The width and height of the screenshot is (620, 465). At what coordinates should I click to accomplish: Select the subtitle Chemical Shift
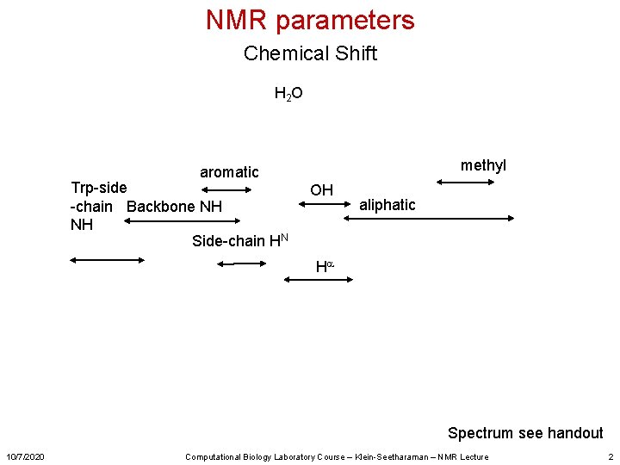[310, 53]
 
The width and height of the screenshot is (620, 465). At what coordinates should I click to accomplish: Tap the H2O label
[288, 93]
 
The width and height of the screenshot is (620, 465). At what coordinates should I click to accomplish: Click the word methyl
[483, 165]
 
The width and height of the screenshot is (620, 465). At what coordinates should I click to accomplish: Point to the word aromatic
[229, 172]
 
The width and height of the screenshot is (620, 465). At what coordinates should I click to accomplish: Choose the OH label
[321, 190]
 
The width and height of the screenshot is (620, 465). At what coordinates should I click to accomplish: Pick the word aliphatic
[387, 205]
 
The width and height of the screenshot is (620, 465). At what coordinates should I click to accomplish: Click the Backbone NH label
[174, 207]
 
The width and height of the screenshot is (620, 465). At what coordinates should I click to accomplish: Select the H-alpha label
[324, 267]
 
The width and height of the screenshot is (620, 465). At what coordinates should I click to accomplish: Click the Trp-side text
[99, 188]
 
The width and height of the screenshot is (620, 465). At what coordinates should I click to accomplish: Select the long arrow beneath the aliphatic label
[428, 220]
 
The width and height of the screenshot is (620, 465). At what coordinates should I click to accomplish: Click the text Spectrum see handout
[525, 433]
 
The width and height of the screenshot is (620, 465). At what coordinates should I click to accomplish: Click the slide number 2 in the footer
[611, 456]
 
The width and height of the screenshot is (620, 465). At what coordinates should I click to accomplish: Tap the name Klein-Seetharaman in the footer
[396, 456]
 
